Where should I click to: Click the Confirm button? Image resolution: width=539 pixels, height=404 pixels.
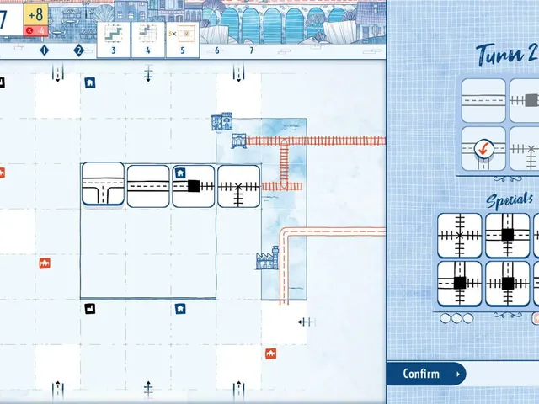(425, 374)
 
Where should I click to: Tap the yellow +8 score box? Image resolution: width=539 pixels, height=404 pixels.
(35, 14)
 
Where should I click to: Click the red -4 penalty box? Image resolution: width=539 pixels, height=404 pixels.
(35, 30)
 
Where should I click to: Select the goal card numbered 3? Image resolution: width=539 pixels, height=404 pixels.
(114, 40)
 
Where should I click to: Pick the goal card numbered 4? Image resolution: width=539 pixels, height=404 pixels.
(148, 40)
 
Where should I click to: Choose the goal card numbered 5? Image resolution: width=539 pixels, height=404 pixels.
(183, 40)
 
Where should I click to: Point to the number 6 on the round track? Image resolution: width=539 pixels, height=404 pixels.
(217, 50)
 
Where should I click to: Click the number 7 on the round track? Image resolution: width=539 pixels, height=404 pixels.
(252, 50)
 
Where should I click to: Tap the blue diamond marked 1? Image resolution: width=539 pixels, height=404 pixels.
(45, 50)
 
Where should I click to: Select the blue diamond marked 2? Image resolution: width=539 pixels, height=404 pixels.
(78, 50)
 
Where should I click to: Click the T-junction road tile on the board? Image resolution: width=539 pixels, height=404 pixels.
(103, 184)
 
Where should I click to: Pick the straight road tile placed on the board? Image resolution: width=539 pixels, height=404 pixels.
(148, 186)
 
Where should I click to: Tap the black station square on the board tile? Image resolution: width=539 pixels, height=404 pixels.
(194, 186)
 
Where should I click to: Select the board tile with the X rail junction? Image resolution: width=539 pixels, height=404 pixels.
(238, 187)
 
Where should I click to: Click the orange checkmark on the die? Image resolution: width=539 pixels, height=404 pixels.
(484, 149)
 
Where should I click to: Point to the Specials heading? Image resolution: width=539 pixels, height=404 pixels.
(510, 200)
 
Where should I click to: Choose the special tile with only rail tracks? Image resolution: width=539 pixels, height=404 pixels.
(460, 236)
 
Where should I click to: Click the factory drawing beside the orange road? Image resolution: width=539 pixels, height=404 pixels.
(268, 258)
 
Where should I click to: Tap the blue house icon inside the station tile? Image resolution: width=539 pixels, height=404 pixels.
(180, 173)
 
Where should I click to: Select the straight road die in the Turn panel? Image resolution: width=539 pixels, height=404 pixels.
(483, 101)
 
